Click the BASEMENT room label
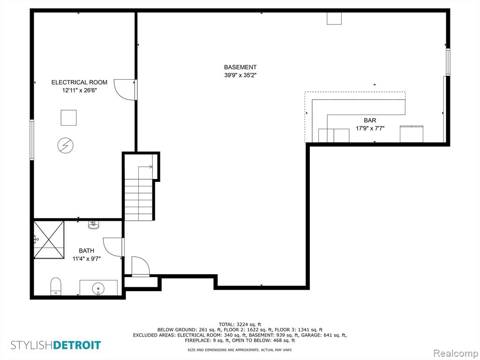pos(240,67)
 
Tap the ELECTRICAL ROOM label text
pos(79,82)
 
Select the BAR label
pos(370,120)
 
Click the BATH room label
pos(87,251)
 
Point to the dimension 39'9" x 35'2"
pos(240,75)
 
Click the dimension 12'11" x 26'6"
pos(79,90)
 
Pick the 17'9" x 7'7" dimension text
pos(370,128)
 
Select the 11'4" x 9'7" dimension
pos(87,259)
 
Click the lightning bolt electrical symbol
pos(66,145)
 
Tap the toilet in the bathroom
pos(56,286)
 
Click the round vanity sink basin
pos(98,288)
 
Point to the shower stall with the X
pos(49,240)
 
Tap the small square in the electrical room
pos(68,118)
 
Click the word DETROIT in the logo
pos(77,345)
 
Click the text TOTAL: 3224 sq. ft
pos(240,324)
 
